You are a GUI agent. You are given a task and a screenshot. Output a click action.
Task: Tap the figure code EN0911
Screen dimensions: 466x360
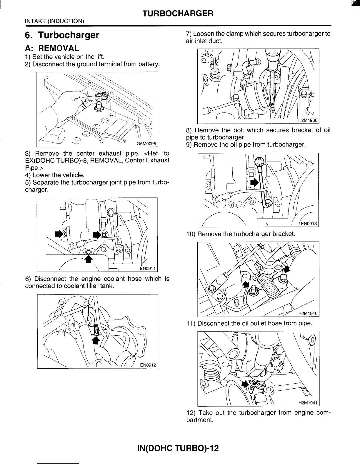tap(148, 268)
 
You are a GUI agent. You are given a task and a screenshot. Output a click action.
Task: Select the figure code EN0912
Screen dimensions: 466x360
tap(148, 365)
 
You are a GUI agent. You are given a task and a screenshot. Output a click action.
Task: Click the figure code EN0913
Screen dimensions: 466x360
tap(308, 224)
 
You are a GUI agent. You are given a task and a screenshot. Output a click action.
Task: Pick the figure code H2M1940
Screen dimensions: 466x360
tap(308, 314)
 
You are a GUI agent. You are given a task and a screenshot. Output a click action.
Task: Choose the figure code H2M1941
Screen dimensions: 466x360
tap(308, 403)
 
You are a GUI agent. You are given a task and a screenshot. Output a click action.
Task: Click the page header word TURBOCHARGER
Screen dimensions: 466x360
tap(177, 14)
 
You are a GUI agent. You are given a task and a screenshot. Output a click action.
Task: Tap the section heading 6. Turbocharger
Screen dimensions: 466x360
tap(62, 35)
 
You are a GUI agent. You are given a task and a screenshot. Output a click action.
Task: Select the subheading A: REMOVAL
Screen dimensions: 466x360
tap(52, 48)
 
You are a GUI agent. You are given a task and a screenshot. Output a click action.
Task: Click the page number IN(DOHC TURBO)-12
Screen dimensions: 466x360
tap(178, 448)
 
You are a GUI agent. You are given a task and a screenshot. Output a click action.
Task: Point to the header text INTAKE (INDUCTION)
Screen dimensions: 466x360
tap(54, 21)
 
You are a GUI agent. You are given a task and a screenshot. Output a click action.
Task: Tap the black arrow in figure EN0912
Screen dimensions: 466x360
tap(95, 340)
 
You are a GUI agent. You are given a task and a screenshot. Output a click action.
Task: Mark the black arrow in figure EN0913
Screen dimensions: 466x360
tap(254, 183)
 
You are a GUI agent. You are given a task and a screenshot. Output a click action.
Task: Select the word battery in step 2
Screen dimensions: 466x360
tap(149, 64)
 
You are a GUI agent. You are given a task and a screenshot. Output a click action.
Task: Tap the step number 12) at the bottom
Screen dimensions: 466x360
tap(191, 413)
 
